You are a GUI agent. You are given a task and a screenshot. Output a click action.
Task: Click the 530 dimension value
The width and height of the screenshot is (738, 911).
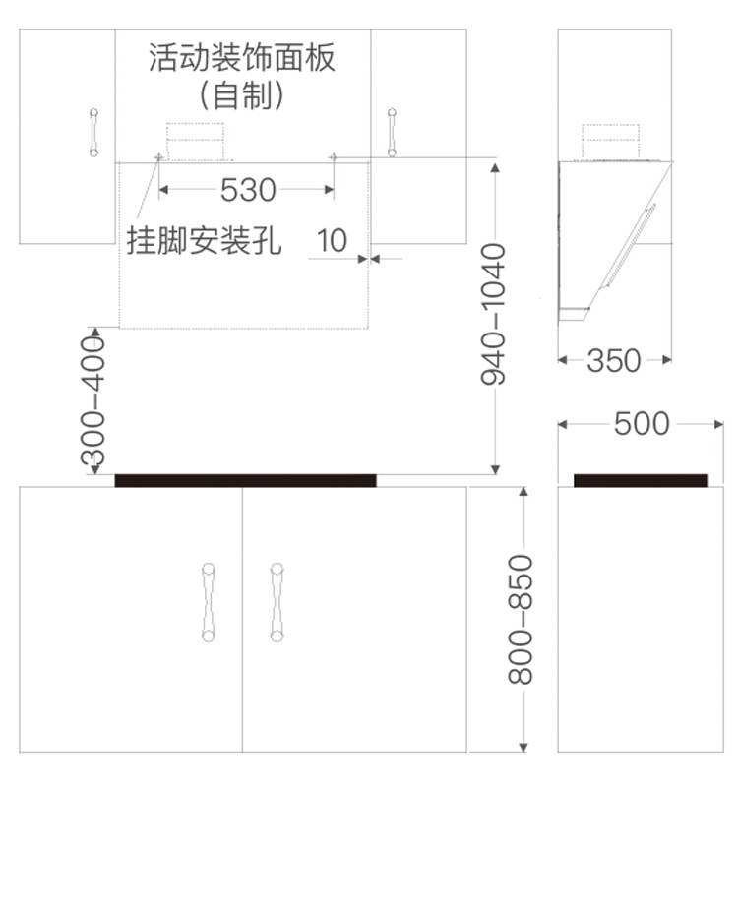coord(247,189)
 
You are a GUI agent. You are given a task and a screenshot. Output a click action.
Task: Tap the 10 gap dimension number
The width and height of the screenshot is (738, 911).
coord(333,240)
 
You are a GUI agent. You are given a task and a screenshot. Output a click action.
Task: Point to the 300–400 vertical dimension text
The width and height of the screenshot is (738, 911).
coord(92,400)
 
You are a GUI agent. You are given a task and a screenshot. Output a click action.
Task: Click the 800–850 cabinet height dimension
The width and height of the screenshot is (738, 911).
coord(521,619)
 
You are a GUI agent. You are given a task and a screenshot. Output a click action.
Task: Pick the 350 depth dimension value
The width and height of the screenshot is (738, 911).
coord(614,361)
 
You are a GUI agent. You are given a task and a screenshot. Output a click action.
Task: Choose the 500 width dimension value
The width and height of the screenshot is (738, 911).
coord(641,424)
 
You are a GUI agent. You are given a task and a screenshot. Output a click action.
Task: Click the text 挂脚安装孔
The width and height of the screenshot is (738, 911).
coord(204,240)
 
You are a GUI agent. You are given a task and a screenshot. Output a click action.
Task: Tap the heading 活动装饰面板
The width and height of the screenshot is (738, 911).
coord(242,58)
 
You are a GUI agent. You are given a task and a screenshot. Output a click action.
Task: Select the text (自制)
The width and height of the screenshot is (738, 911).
coord(242,95)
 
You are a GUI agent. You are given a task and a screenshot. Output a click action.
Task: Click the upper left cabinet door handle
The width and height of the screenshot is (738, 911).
coord(93,132)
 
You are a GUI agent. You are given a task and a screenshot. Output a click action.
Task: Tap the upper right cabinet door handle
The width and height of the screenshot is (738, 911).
coord(392,132)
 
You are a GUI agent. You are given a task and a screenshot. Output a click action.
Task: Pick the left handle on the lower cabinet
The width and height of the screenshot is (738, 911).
coord(208,601)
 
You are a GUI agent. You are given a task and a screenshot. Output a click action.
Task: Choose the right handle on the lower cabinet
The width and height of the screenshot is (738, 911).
coord(277,601)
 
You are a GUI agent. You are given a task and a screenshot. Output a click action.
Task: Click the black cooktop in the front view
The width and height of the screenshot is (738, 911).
coord(245,480)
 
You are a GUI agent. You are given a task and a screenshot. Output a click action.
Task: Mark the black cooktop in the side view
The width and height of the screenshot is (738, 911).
coord(641,480)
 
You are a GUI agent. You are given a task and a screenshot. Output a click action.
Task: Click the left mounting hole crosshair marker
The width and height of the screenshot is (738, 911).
coord(157,157)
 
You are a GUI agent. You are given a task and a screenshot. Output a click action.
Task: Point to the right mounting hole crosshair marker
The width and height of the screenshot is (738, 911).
coord(334,157)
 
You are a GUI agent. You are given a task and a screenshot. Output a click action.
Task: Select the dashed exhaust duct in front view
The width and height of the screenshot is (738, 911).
coord(195,141)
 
